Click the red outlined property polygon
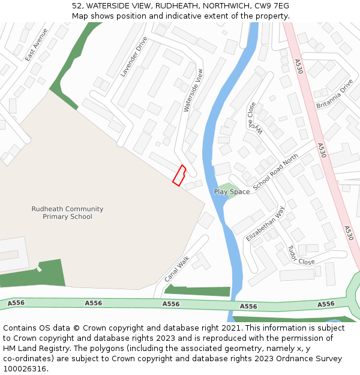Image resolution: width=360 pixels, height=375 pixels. tap(179, 175)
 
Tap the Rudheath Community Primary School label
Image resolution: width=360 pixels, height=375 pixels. tap(67, 213)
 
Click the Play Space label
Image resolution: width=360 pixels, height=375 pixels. tap(232, 192)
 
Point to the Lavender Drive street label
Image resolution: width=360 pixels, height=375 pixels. tap(133, 56)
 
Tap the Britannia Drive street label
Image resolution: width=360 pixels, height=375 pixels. tap(334, 94)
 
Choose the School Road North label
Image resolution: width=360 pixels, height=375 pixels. tap(275, 172)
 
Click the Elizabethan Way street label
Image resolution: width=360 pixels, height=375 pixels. tap(265, 224)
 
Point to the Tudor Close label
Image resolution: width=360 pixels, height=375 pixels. tap(301, 255)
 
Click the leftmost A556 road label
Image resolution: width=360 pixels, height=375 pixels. tap(16, 303)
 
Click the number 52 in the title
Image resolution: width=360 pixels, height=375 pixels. tap(76, 6)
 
